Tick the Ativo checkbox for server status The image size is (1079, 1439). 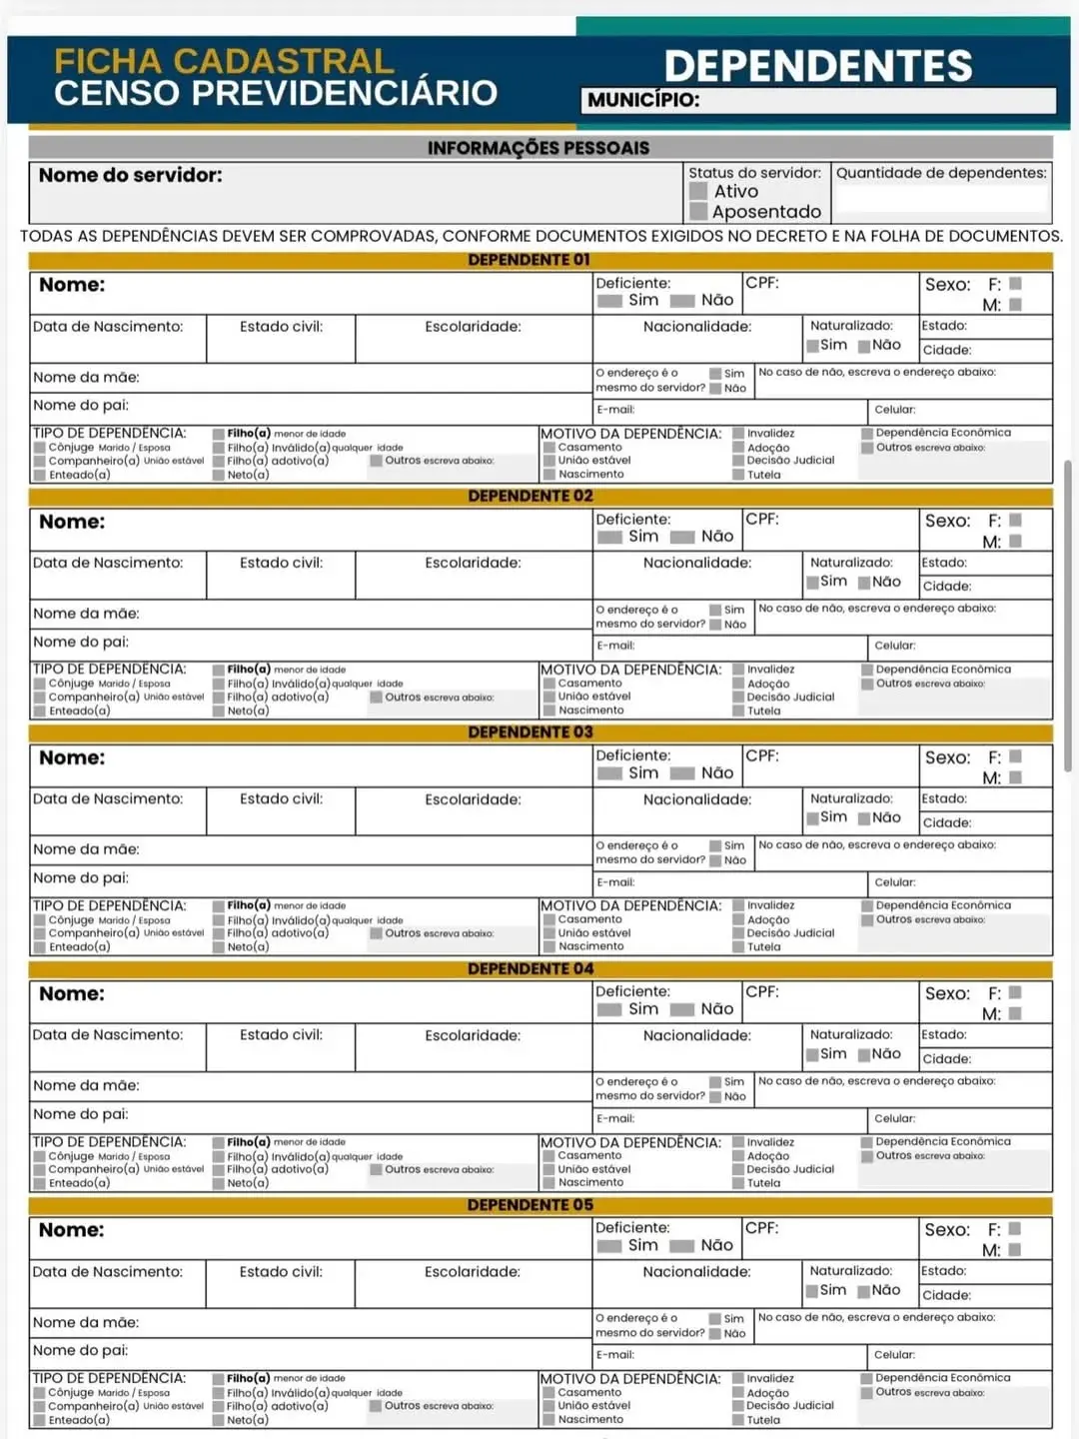pyautogui.click(x=698, y=192)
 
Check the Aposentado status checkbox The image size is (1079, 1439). pyautogui.click(x=698, y=212)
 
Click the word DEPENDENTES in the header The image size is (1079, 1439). pyautogui.click(x=818, y=66)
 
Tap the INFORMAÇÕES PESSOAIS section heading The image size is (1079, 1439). pyautogui.click(x=539, y=148)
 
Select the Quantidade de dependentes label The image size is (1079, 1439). pyautogui.click(x=941, y=173)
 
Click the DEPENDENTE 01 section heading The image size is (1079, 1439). pyautogui.click(x=530, y=260)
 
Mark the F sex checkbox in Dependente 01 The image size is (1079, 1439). pyautogui.click(x=1015, y=284)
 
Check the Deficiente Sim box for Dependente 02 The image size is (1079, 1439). pyautogui.click(x=609, y=537)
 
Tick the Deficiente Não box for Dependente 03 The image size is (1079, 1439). pyautogui.click(x=682, y=773)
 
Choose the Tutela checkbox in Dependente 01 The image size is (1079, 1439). pyautogui.click(x=738, y=475)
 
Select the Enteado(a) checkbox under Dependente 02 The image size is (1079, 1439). pyautogui.click(x=40, y=712)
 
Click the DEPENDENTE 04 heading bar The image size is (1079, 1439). pyautogui.click(x=530, y=968)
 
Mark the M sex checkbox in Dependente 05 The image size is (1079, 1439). pyautogui.click(x=1015, y=1250)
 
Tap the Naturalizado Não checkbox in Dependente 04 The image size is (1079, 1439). pyautogui.click(x=863, y=1054)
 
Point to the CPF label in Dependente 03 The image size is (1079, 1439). pyautogui.click(x=762, y=755)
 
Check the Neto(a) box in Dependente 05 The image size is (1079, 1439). pyautogui.click(x=218, y=1420)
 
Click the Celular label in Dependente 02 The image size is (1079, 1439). pyautogui.click(x=894, y=646)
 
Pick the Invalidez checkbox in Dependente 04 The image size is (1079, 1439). pyautogui.click(x=738, y=1142)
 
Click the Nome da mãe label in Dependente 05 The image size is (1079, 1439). pyautogui.click(x=86, y=1322)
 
